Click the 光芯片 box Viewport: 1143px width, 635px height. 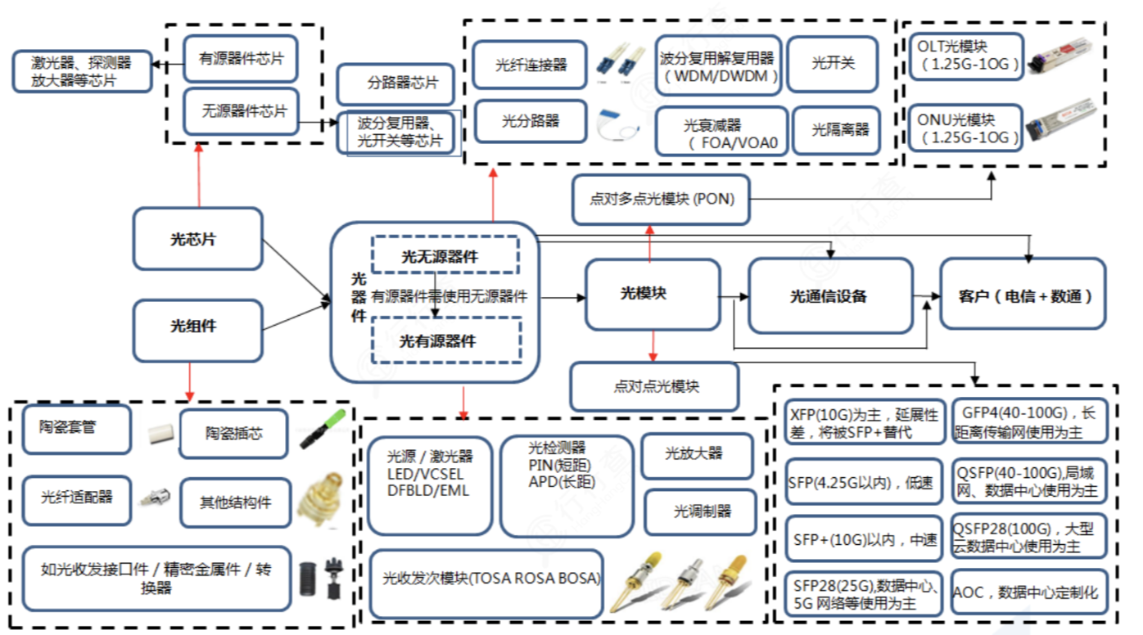click(x=197, y=239)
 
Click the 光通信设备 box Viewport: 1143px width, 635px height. click(x=829, y=295)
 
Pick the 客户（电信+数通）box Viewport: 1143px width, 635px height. click(x=1023, y=295)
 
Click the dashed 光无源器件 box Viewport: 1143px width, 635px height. click(x=445, y=255)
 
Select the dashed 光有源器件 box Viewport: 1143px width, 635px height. click(x=445, y=341)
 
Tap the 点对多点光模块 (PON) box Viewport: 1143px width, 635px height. click(x=661, y=200)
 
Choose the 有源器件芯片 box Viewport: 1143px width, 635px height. click(x=240, y=60)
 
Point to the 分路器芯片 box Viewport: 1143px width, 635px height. click(x=395, y=83)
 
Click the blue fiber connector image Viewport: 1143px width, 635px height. click(x=620, y=62)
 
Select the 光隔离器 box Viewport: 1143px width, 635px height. click(x=836, y=129)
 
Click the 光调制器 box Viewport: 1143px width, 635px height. click(x=698, y=511)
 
